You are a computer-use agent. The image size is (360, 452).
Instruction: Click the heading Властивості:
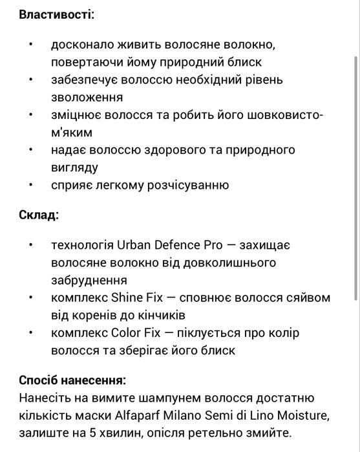click(56, 14)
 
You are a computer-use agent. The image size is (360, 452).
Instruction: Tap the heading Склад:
click(38, 215)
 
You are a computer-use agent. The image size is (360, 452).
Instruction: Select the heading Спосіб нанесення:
click(72, 380)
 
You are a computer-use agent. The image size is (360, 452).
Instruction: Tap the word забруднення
click(89, 281)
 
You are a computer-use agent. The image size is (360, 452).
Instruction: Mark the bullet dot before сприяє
click(30, 185)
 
